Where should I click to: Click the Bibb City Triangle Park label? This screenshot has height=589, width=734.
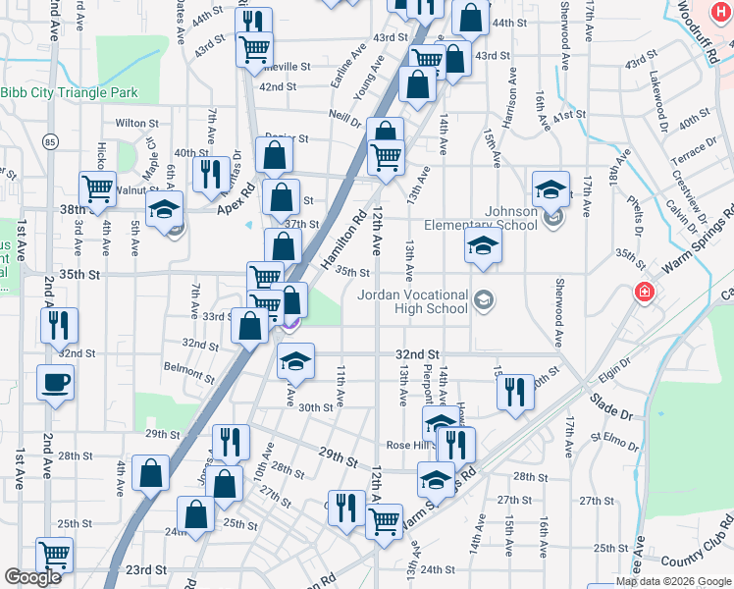tap(69, 93)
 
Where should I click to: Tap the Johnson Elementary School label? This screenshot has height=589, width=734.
tap(511, 218)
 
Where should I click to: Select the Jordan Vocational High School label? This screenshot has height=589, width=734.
tap(412, 300)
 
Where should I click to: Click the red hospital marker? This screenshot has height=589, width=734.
tap(643, 292)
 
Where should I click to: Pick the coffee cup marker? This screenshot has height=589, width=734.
tap(55, 381)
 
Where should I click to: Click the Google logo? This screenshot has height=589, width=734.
tap(32, 577)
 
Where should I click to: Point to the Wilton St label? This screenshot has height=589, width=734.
tap(136, 124)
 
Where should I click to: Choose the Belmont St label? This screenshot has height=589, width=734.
tap(190, 371)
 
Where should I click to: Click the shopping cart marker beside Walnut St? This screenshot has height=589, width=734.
tap(97, 187)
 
